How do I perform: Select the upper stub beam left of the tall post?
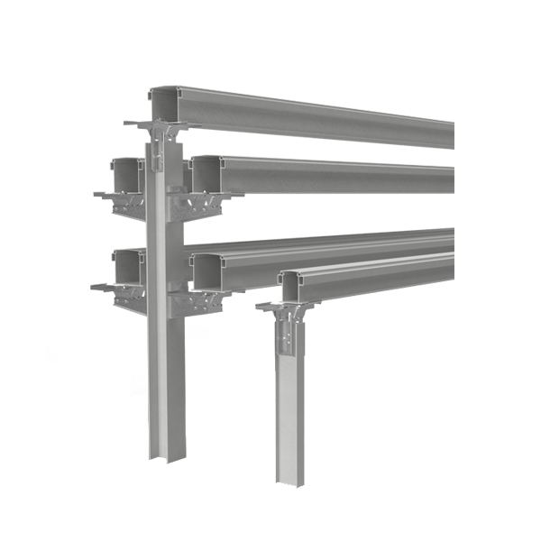point(128,173)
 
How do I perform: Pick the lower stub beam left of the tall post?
point(128,267)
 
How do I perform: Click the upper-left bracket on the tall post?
point(126,203)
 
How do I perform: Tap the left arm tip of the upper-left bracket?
point(96,192)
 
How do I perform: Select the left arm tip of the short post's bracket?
point(260,307)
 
